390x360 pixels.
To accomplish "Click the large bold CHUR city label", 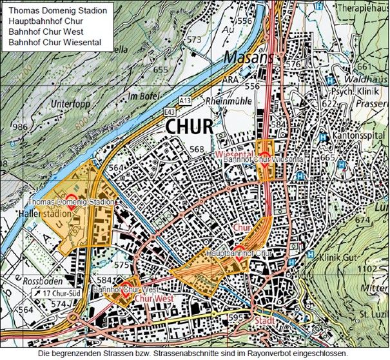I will pos(189,126).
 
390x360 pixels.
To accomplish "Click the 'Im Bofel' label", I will pos(142,96).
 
